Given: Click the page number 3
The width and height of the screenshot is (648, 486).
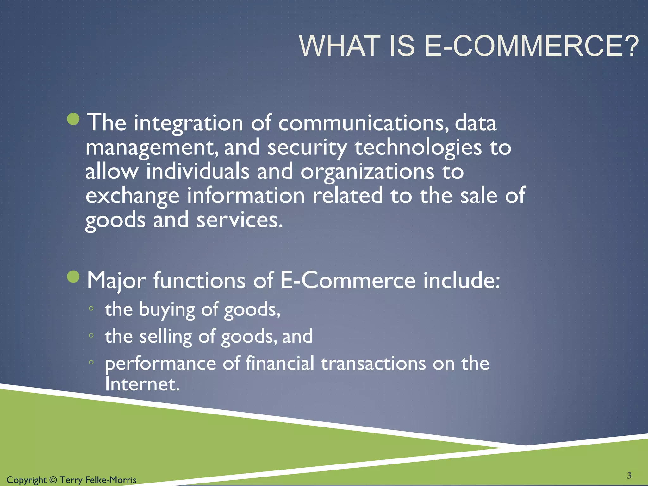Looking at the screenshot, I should pyautogui.click(x=629, y=475).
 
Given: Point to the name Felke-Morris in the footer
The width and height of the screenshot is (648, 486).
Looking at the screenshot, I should pyautogui.click(x=111, y=480).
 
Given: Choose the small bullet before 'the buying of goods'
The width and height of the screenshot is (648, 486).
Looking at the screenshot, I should pyautogui.click(x=91, y=308).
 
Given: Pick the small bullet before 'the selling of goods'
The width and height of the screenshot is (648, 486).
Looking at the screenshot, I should pyautogui.click(x=91, y=335).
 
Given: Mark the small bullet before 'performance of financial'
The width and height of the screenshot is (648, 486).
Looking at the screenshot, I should pyautogui.click(x=91, y=363).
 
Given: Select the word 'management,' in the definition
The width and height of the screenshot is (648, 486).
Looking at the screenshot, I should pyautogui.click(x=152, y=148).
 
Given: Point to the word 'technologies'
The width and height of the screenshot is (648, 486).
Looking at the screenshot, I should pyautogui.click(x=418, y=148).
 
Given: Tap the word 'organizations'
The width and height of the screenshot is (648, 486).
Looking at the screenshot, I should pyautogui.click(x=367, y=172).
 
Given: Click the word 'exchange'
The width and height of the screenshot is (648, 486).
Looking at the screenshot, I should pyautogui.click(x=132, y=196).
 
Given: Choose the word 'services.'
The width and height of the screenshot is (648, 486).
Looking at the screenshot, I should pyautogui.click(x=240, y=220).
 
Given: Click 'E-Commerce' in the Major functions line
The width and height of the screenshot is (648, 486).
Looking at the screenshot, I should pyautogui.click(x=348, y=280).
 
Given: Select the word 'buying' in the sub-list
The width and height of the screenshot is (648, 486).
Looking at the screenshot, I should pyautogui.click(x=167, y=309).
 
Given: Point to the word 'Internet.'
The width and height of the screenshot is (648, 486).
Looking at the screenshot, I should pyautogui.click(x=142, y=384).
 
